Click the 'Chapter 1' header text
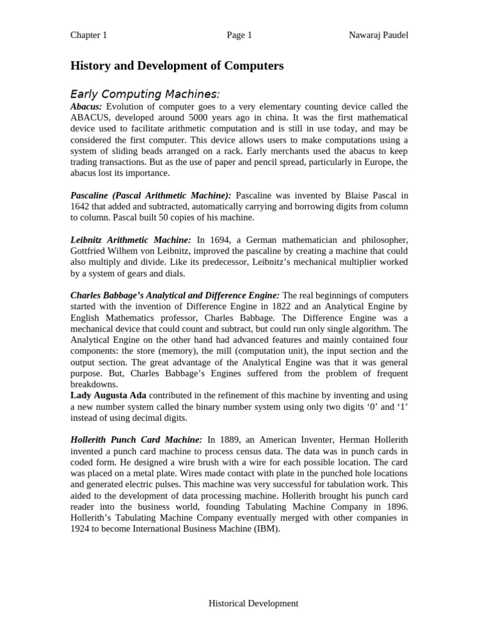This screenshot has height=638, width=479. click(x=89, y=35)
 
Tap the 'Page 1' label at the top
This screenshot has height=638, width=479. click(x=239, y=35)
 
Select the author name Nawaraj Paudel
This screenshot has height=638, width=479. click(x=379, y=35)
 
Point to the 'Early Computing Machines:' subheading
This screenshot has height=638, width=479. click(x=145, y=94)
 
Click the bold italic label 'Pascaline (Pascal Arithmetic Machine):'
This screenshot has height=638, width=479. click(x=151, y=196)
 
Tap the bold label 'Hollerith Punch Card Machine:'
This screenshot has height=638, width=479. click(x=137, y=440)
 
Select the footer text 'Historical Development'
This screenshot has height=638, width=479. click(x=253, y=603)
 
